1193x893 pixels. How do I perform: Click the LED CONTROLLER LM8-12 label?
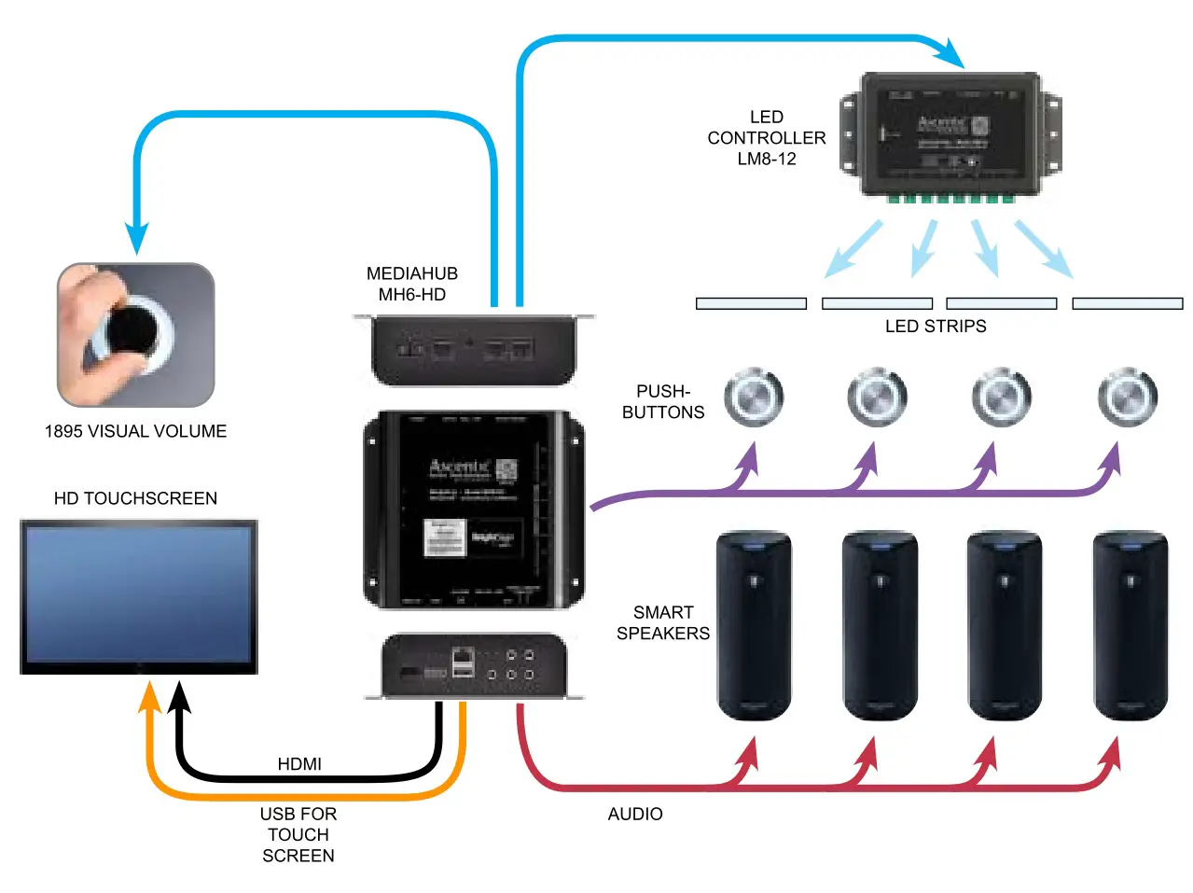[x=766, y=138]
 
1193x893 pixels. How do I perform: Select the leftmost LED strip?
[x=751, y=303]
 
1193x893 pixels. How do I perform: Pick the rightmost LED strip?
[x=1127, y=303]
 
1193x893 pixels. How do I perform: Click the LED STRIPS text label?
[x=935, y=327]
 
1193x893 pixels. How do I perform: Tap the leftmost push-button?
[x=754, y=398]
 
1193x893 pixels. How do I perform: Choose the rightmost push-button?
[x=1127, y=398]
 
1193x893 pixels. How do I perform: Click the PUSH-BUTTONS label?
[x=663, y=402]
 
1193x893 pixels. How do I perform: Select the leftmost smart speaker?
[x=754, y=625]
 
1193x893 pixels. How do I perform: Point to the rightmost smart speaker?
[x=1130, y=625]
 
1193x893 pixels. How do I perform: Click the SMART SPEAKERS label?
[x=663, y=623]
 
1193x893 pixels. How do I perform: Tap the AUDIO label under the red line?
[x=635, y=815]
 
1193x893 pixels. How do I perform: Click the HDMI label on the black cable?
[x=299, y=764]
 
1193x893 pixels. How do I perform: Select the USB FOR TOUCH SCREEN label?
[x=298, y=835]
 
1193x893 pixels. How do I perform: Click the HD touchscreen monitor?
[x=139, y=595]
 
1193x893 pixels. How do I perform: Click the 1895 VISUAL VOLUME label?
[x=136, y=431]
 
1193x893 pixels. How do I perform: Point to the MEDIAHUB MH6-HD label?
[x=412, y=285]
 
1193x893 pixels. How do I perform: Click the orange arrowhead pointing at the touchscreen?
[x=149, y=696]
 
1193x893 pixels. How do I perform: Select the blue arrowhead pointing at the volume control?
[x=137, y=240]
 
